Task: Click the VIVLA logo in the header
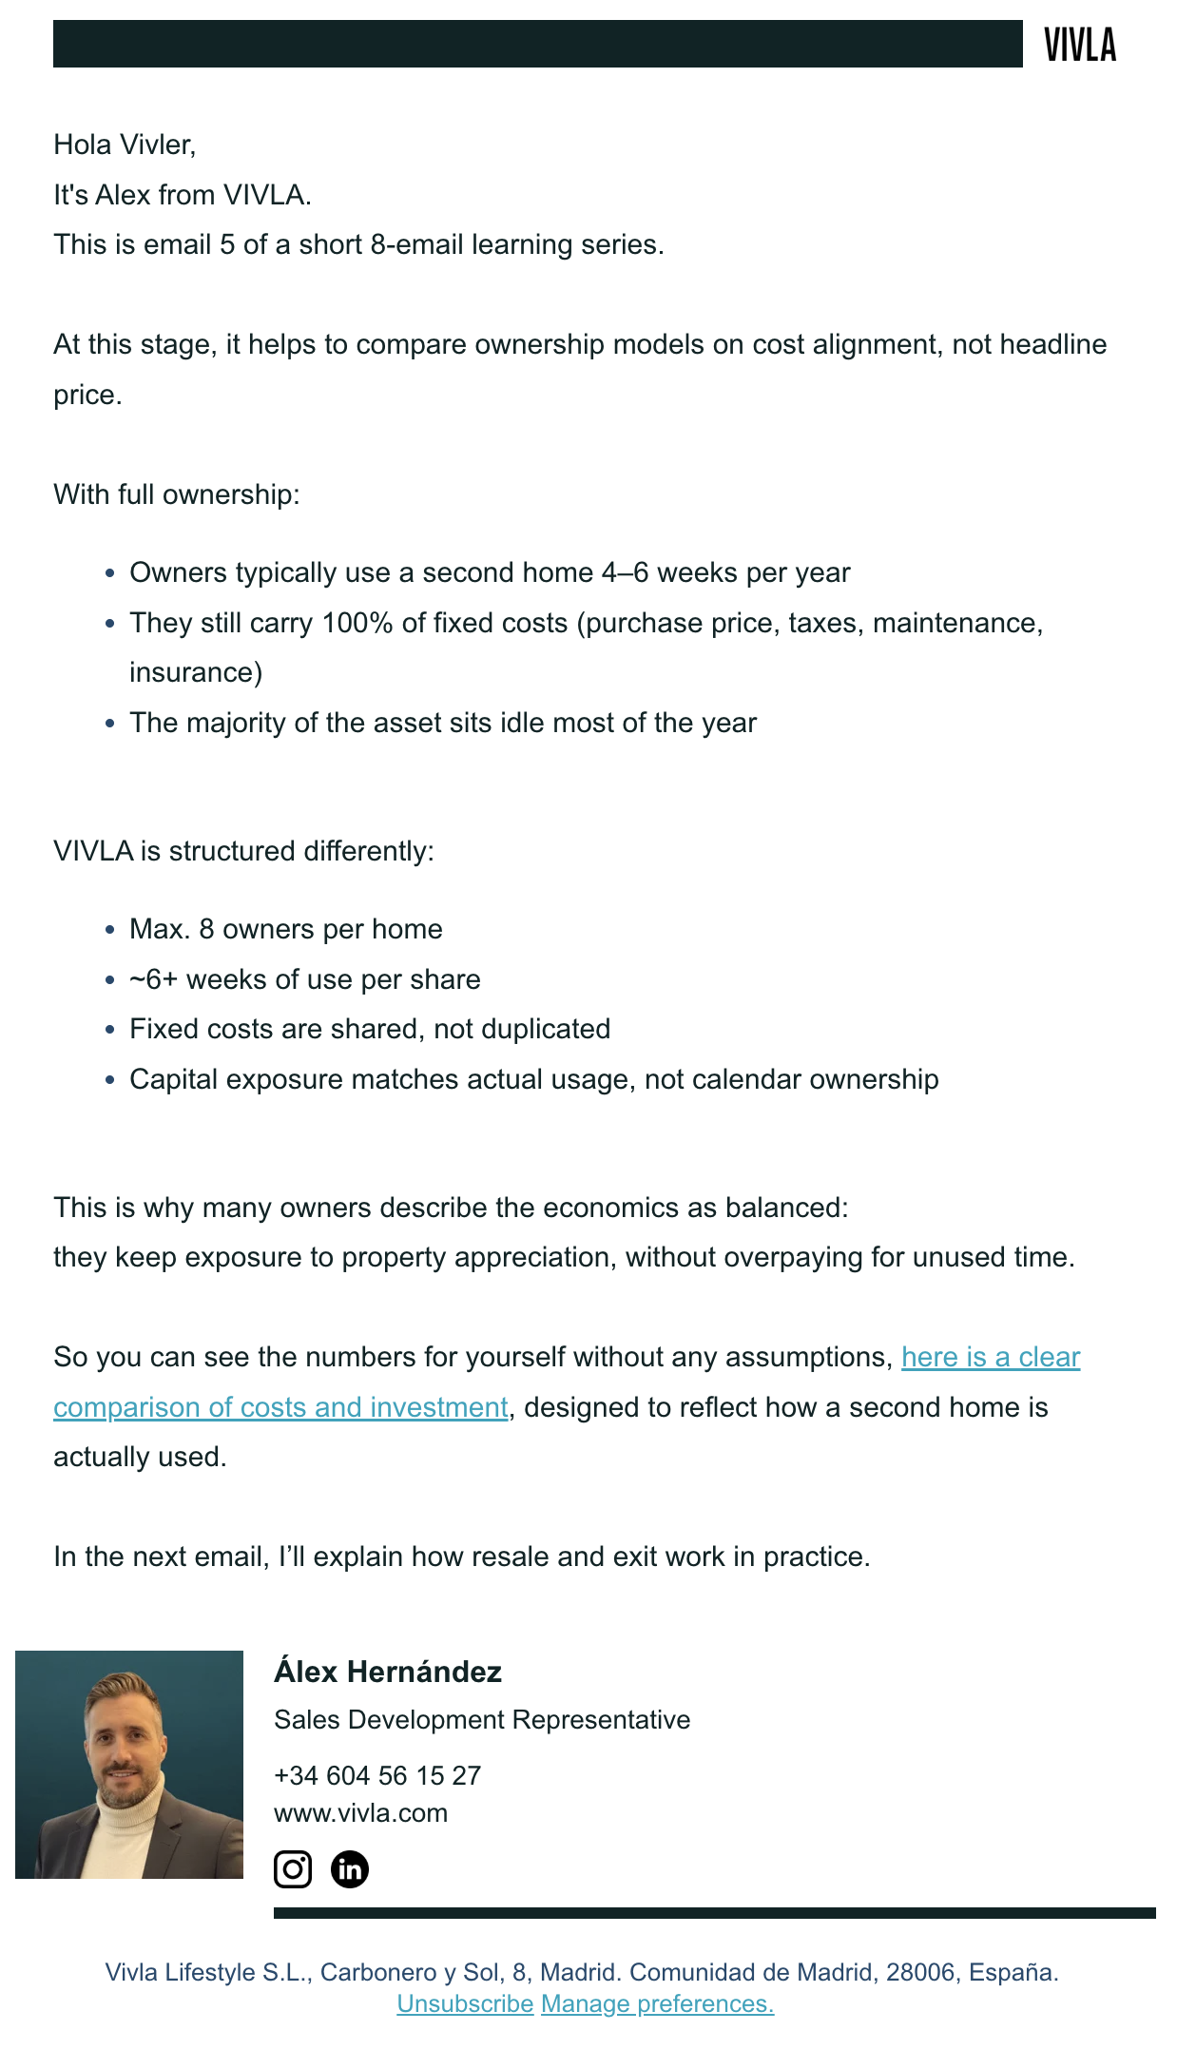pos(1079,45)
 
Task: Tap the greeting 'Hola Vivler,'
pos(125,145)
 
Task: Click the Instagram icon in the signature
pos(293,1869)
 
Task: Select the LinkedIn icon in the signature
pos(350,1869)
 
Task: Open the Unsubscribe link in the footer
pos(465,2003)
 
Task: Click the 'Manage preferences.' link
pos(657,2003)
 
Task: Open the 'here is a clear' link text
pos(991,1357)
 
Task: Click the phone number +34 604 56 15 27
pos(377,1775)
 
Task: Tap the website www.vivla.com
pos(360,1812)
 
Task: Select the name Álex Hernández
pos(388,1672)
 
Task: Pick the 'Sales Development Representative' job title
pos(482,1719)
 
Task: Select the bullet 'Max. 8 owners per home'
pos(286,929)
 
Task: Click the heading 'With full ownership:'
pos(177,494)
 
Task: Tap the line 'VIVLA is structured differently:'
pos(243,851)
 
